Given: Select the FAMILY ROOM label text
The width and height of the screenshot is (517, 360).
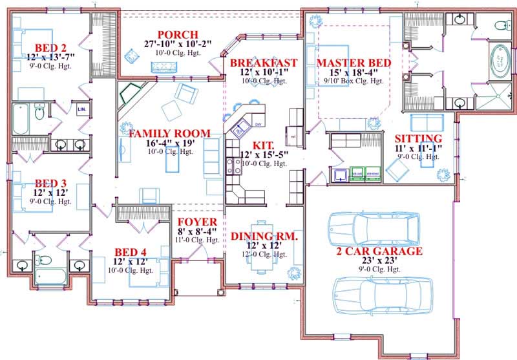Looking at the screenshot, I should tap(169, 134).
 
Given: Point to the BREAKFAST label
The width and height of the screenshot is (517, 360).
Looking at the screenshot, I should tap(264, 63).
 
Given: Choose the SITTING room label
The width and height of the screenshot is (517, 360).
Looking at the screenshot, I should tap(418, 139).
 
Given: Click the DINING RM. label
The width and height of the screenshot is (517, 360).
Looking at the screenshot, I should tap(264, 237).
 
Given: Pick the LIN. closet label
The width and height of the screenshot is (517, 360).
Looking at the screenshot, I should tap(81, 111).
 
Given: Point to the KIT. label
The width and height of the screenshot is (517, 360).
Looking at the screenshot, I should tap(263, 146).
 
